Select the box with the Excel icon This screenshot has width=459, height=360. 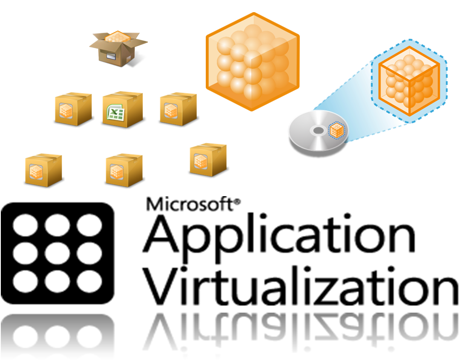point(123,110)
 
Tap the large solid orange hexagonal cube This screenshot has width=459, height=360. point(253,62)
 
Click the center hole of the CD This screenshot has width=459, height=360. point(318,131)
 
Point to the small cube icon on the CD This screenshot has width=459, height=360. point(336,131)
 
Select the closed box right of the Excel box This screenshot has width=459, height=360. point(178,109)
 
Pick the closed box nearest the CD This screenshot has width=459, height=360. point(208,160)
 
